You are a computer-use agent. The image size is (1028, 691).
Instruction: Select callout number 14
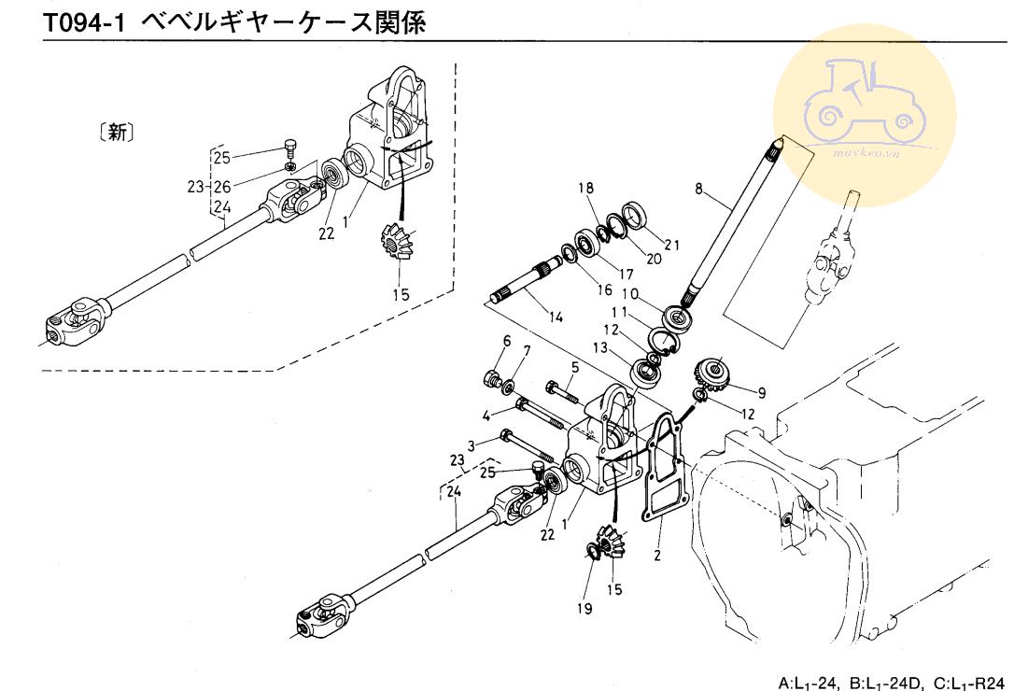pos(556,317)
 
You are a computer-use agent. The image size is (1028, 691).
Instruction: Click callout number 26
pos(221,187)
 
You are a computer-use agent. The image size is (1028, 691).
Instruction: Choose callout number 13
pos(602,348)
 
